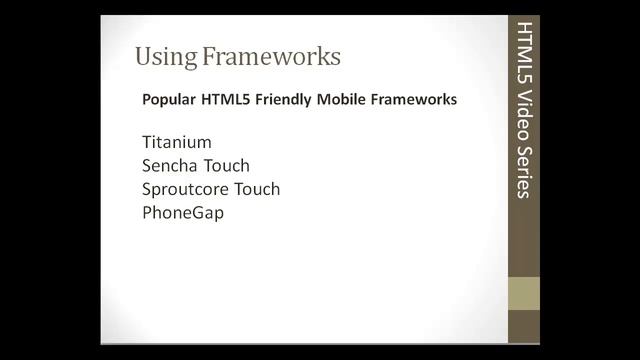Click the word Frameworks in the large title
pyautogui.click(x=271, y=56)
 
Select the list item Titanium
pyautogui.click(x=177, y=142)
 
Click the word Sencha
pyautogui.click(x=168, y=165)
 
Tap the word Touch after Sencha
pyautogui.click(x=224, y=165)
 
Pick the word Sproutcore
pyautogui.click(x=185, y=189)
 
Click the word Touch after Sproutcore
pyautogui.click(x=255, y=189)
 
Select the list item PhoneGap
pyautogui.click(x=183, y=213)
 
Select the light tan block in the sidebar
pyautogui.click(x=524, y=293)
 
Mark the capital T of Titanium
pyautogui.click(x=147, y=142)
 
